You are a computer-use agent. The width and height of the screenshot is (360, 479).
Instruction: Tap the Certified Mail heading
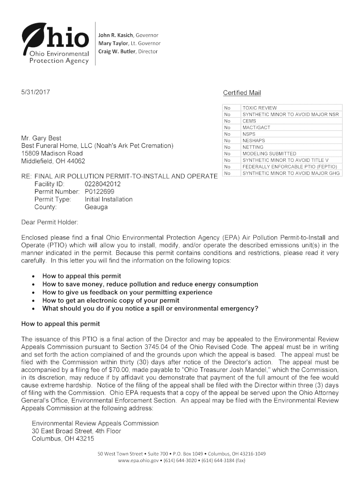[x=242, y=93]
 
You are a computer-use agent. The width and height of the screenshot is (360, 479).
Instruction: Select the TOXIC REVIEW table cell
[x=259, y=108]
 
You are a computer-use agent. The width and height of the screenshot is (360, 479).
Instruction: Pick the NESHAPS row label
[x=253, y=140]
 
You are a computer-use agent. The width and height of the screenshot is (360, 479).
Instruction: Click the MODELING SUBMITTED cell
[x=269, y=153]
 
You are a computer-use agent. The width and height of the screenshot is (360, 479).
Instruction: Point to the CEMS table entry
[x=249, y=121]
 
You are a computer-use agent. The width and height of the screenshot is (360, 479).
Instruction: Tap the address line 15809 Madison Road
[x=52, y=153]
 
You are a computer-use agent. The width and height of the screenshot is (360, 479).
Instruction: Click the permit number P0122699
[x=99, y=192]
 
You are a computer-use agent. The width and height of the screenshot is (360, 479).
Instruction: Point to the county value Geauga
[x=96, y=207]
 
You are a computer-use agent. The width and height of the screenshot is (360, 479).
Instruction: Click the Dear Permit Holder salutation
[x=50, y=221]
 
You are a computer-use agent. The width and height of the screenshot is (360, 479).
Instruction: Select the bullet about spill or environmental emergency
[x=150, y=308]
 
